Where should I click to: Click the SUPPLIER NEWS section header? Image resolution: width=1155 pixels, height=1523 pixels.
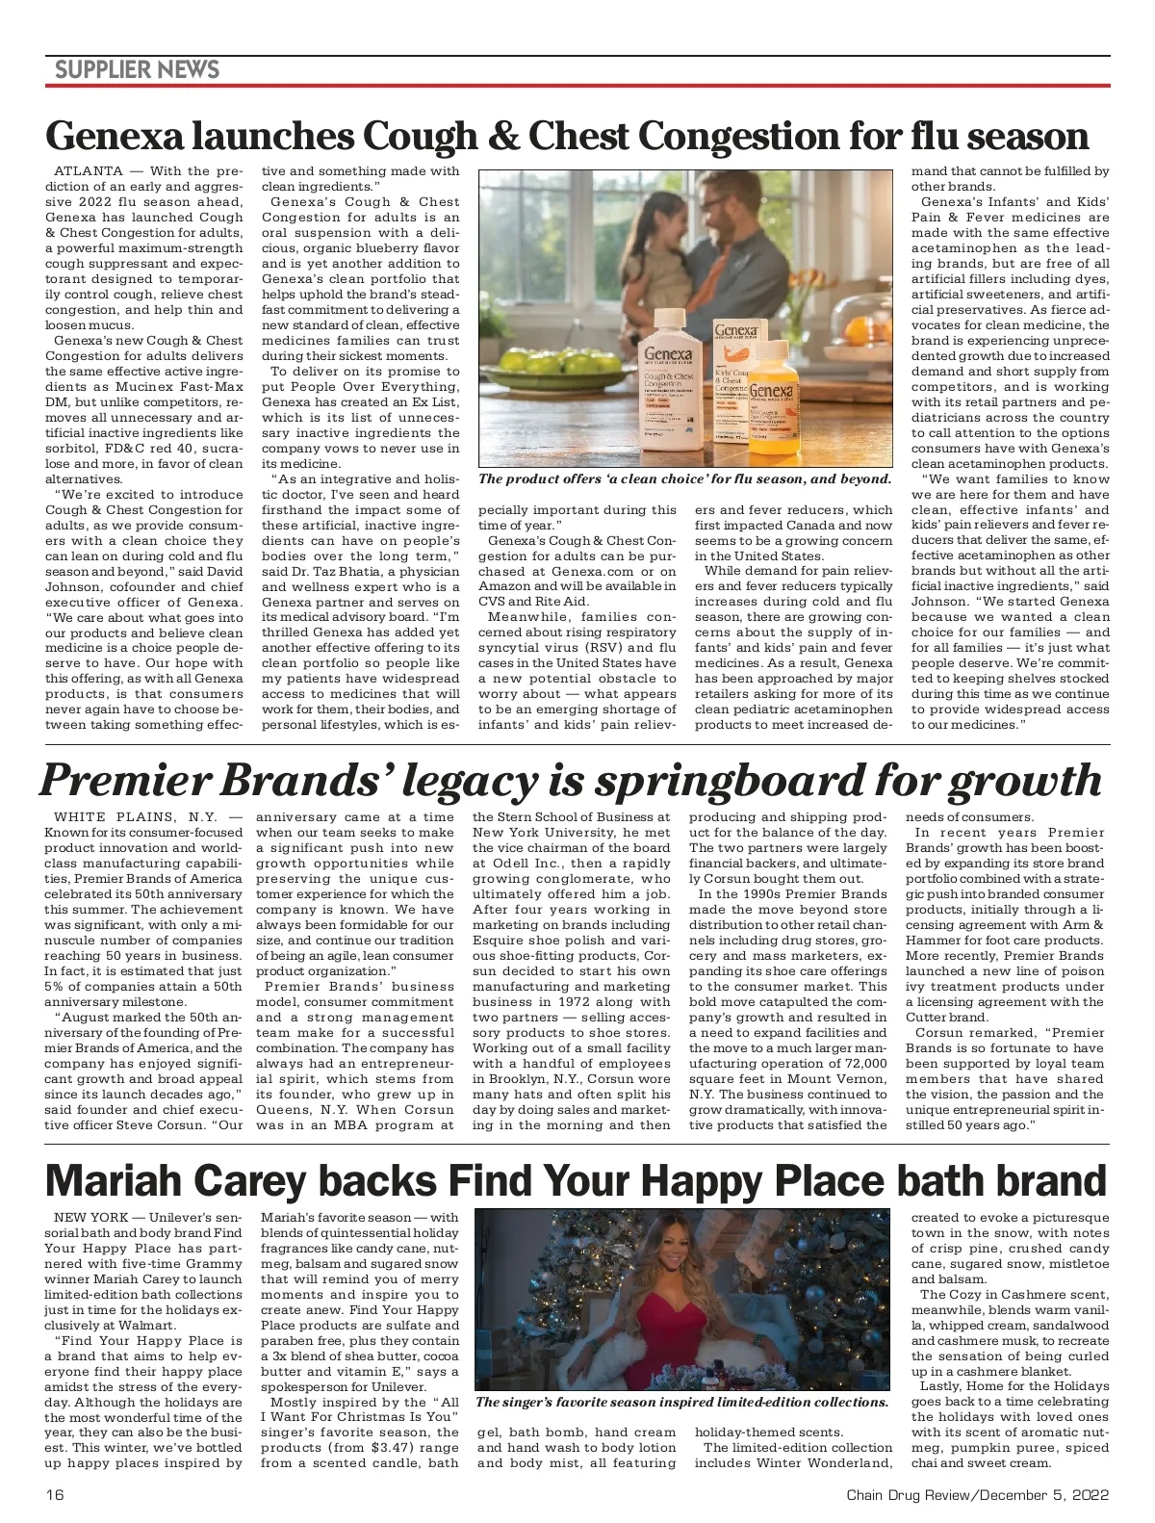[x=137, y=69]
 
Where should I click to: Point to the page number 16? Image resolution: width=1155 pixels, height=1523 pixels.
[x=54, y=1495]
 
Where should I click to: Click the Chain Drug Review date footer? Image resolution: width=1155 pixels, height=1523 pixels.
[x=977, y=1495]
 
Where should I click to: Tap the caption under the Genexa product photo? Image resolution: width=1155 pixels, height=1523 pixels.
[x=684, y=479]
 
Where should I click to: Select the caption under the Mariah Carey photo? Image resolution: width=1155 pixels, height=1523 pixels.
[x=681, y=1402]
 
